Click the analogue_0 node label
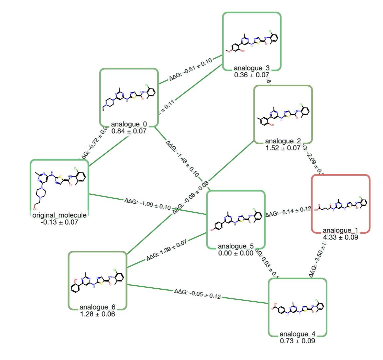coord(129,124)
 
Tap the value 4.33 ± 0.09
coord(340,237)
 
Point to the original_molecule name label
coord(60,215)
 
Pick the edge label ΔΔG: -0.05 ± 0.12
coord(197,294)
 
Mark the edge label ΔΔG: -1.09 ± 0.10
coord(148,204)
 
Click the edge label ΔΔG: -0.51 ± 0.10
coord(191,69)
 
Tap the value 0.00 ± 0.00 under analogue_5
coord(236,253)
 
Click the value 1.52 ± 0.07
coord(283,148)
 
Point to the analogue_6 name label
coord(97,307)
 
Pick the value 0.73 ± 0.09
coord(297,341)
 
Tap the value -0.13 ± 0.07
coord(59,222)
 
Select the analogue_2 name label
coord(283,141)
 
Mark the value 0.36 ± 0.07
coord(251,75)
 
